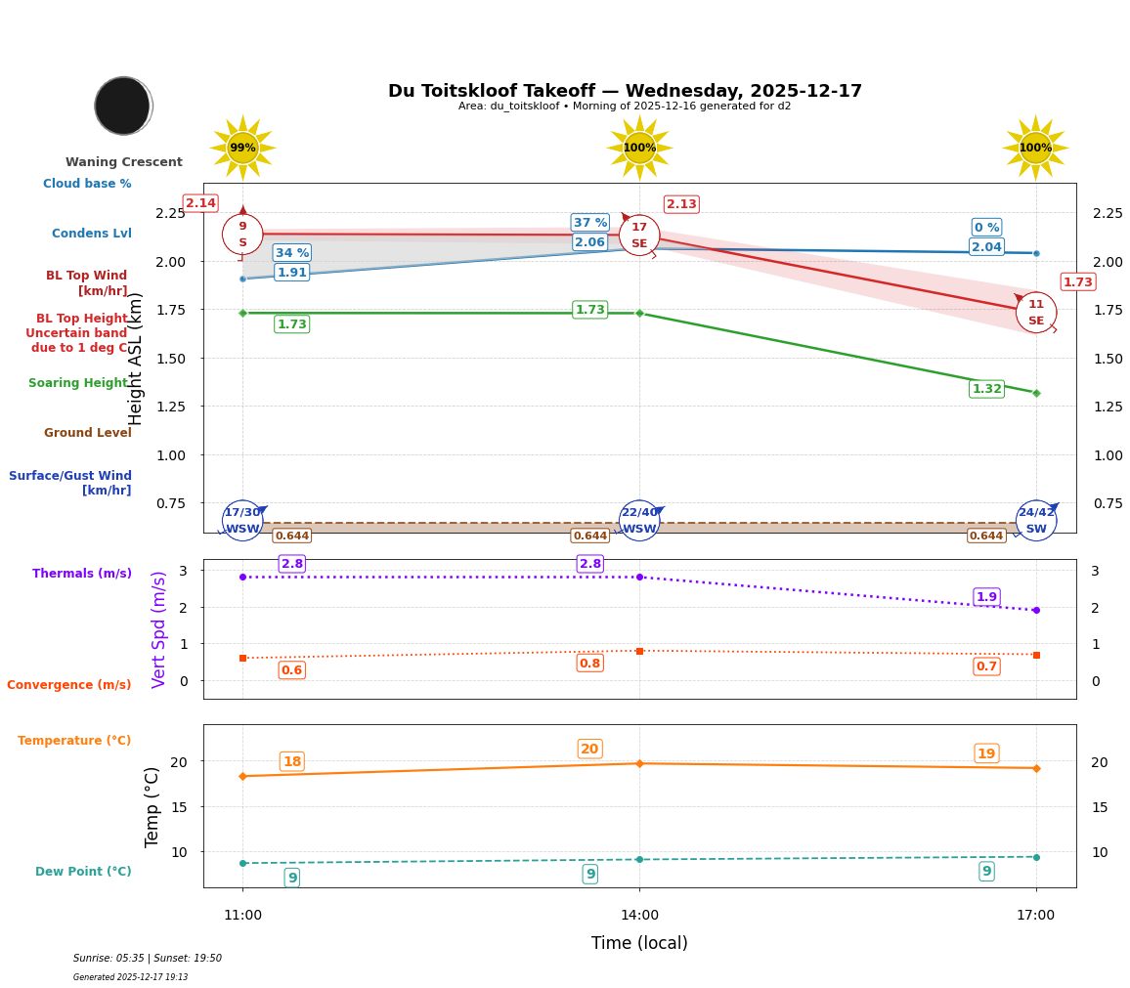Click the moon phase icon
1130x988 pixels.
123,106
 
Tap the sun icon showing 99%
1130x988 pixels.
242,149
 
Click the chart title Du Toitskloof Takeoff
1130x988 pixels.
625,91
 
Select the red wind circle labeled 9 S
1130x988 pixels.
242,235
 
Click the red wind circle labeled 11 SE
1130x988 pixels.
1035,313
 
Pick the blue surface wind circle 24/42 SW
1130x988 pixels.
1035,521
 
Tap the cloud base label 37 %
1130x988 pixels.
590,223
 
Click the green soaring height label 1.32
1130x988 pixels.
986,389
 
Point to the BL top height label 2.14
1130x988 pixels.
200,203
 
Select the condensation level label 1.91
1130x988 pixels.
291,273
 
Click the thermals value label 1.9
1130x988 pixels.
986,597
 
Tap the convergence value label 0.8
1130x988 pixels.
589,664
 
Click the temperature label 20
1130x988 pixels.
589,750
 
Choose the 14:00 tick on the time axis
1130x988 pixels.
639,916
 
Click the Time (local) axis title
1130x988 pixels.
639,943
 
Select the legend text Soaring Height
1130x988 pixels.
79,383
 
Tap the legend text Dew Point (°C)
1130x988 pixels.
83,872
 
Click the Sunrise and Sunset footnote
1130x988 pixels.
148,959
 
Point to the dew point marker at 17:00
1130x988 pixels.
1036,857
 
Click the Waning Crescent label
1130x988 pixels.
124,162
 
